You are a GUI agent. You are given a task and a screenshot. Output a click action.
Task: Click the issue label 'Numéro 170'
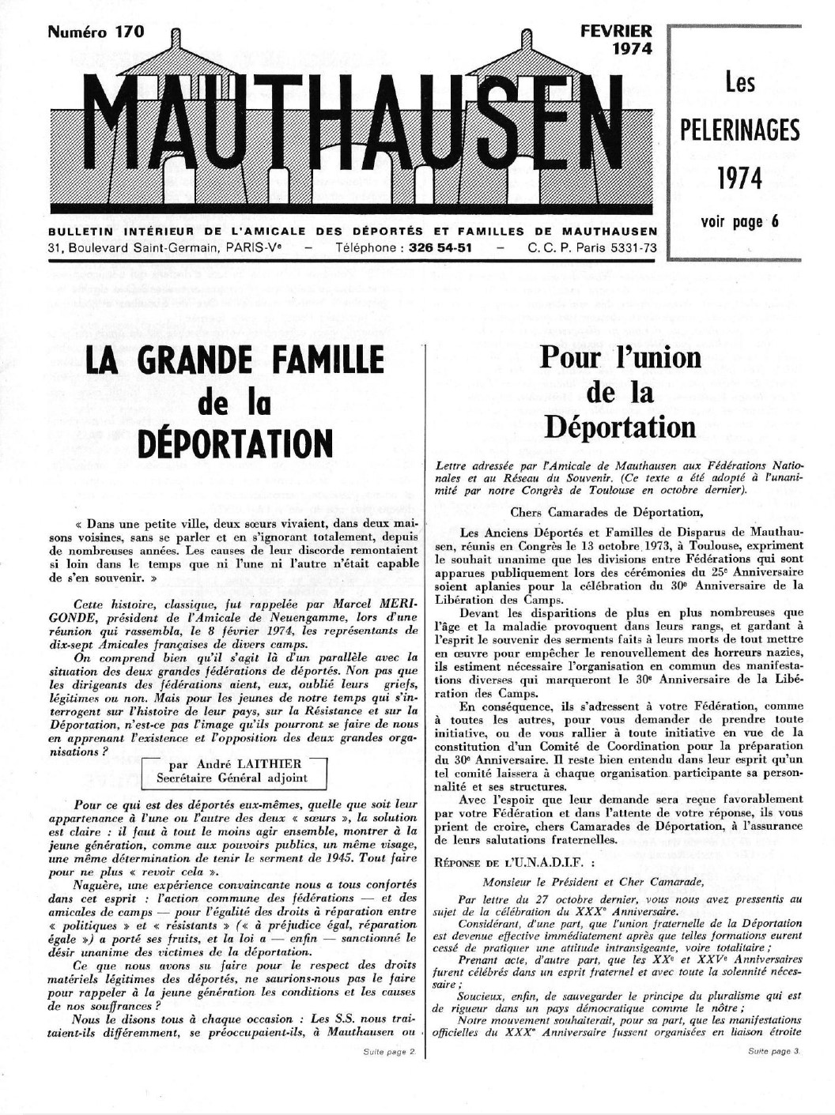[x=96, y=32]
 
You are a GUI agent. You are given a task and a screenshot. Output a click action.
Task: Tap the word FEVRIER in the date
[x=616, y=32]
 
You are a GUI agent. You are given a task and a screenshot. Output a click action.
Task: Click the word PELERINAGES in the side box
[x=740, y=130]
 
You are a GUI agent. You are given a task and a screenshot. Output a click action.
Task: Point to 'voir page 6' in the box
[x=739, y=222]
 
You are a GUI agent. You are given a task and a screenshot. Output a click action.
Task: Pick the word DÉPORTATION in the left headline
[x=234, y=443]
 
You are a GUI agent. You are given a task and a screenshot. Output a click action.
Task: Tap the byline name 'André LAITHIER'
[x=244, y=764]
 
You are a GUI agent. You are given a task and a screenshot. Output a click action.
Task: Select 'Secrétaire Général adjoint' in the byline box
[x=232, y=778]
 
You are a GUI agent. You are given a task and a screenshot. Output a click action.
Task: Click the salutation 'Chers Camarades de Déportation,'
[x=606, y=512]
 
